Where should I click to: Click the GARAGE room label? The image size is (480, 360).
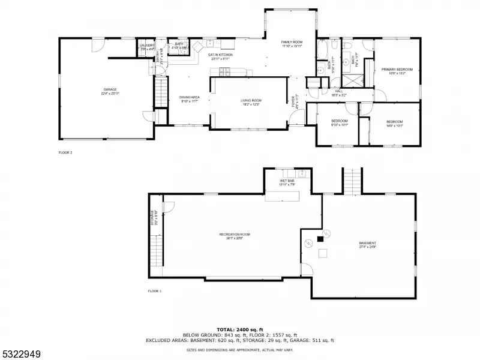click(109, 89)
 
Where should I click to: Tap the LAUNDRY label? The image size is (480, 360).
click(147, 45)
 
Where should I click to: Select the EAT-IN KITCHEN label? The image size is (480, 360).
click(220, 55)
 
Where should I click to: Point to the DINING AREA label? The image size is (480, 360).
click(190, 97)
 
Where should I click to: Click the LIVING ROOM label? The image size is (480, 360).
click(251, 100)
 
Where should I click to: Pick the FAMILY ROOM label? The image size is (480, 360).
click(292, 42)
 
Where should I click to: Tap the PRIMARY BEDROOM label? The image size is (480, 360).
click(397, 70)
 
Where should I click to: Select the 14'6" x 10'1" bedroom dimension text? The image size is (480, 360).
click(395, 126)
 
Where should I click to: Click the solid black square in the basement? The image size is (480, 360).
click(320, 238)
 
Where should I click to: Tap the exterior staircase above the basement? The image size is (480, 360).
click(352, 180)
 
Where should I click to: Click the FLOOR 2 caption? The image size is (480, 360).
click(65, 152)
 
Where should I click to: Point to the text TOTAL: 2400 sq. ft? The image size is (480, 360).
click(240, 330)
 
